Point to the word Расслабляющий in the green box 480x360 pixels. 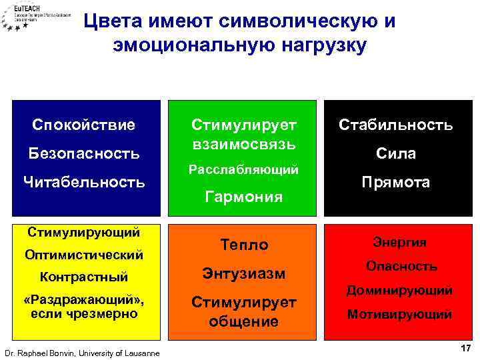[x=243, y=170]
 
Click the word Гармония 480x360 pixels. [x=243, y=197]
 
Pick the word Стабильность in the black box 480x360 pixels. [x=396, y=125]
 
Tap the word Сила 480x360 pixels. [x=396, y=153]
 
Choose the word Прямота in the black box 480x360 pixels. [x=396, y=182]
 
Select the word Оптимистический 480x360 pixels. [x=83, y=255]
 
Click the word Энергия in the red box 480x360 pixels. [x=401, y=243]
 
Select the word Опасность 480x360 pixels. [x=401, y=266]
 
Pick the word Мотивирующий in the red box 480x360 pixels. [x=401, y=314]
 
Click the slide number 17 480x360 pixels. [x=465, y=349]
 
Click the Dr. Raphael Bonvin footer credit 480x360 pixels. [x=81, y=353]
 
